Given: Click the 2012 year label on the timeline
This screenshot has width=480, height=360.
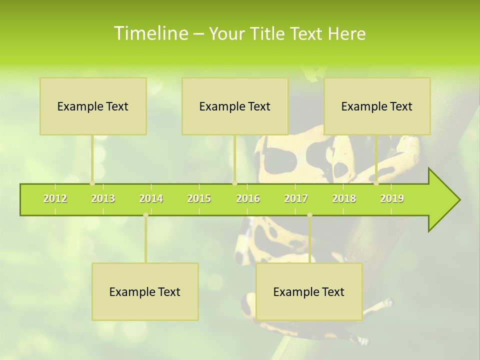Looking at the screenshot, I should tap(55, 198).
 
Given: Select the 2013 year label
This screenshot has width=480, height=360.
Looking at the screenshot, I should tap(103, 198).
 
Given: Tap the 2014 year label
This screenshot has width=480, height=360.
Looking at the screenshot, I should tap(151, 198).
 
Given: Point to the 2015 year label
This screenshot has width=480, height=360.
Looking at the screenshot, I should tap(199, 198).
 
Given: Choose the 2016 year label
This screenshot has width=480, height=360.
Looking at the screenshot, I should tap(248, 198).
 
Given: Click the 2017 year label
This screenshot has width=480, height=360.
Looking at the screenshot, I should tap(296, 198).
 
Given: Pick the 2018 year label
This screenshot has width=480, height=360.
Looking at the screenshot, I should tap(344, 198).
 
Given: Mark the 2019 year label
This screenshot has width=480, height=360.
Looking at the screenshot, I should tap(392, 198).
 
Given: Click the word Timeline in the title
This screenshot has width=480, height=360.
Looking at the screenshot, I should tap(150, 33).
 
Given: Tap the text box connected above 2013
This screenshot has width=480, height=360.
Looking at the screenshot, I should tap(93, 106).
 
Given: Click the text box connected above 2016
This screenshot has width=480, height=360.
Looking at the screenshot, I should tap(235, 106).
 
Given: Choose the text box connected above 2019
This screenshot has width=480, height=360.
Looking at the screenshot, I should tap(377, 106).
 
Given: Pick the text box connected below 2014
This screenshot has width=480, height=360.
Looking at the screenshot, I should tap(145, 291).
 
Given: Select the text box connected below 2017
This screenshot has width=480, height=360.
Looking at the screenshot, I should tap(309, 291).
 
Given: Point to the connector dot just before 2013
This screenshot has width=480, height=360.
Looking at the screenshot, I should tap(92, 183).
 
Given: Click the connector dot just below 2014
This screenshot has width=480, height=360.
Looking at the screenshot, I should tap(145, 215).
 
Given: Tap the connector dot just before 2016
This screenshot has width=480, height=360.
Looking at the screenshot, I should tap(234, 183).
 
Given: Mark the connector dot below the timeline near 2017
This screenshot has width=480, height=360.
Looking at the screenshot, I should tap(309, 215).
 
